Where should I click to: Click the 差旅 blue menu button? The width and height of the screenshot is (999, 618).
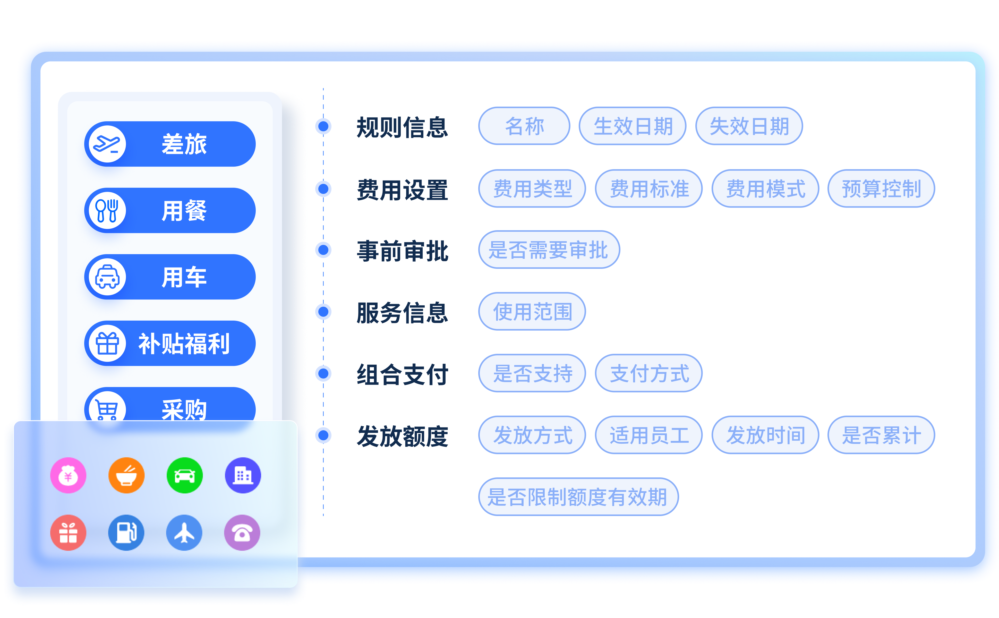click(170, 144)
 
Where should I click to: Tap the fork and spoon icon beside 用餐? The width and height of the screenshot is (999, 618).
click(107, 210)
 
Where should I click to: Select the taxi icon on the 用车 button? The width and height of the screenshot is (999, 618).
click(107, 277)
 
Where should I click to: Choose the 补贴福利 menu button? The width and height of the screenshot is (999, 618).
click(170, 343)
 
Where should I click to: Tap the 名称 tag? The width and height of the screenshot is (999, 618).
click(524, 126)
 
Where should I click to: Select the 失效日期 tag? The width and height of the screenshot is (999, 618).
click(749, 126)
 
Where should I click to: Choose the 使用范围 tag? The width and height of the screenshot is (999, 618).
click(532, 312)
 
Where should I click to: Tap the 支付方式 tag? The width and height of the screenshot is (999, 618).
click(649, 373)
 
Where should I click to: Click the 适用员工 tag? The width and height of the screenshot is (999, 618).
click(649, 435)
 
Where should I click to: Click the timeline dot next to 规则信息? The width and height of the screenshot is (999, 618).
click(323, 126)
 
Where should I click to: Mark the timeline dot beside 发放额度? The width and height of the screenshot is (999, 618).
click(323, 435)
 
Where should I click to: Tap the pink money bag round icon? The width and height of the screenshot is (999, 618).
click(68, 475)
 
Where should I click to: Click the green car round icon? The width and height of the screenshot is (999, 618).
click(185, 475)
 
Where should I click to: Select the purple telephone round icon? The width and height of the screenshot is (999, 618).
click(242, 533)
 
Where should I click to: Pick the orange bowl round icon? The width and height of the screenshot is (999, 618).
click(126, 475)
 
